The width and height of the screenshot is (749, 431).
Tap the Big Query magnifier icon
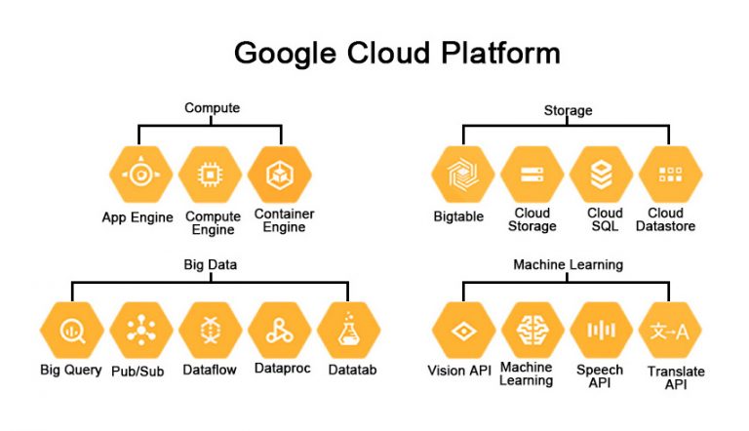tap(71, 331)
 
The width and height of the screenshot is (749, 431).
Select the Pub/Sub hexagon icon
tap(140, 331)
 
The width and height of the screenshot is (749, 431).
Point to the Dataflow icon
tap(211, 331)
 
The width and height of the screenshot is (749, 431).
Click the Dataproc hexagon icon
tap(280, 331)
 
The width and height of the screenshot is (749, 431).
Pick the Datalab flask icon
tap(349, 331)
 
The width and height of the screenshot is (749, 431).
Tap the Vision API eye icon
tap(461, 331)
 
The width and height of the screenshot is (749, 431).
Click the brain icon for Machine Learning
tap(532, 331)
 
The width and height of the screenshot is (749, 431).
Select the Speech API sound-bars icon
tap(602, 331)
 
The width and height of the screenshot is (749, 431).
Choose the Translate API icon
tap(671, 331)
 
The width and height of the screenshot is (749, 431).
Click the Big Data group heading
tap(211, 264)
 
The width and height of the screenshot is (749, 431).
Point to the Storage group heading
tap(568, 110)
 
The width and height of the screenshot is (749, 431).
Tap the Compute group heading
tap(212, 108)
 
